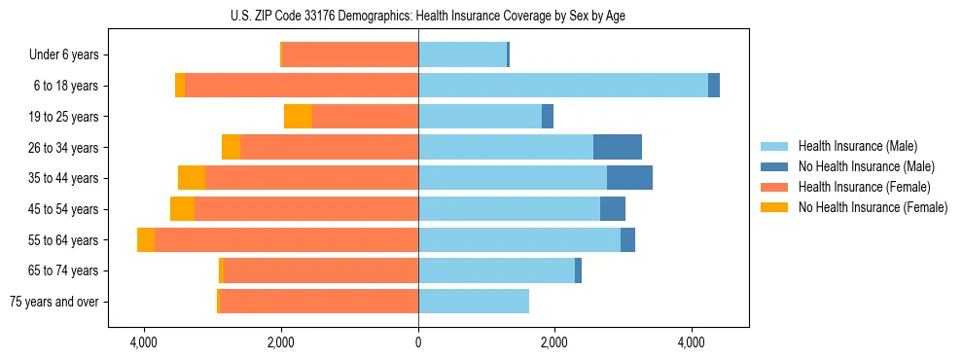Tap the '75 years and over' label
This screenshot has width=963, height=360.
[54, 302]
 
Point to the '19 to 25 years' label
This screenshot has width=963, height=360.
[63, 117]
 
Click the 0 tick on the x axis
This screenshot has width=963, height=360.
[418, 342]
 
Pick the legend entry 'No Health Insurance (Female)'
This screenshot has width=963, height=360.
[873, 207]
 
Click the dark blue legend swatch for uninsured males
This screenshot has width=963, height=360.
[774, 166]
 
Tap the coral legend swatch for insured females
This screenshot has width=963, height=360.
[774, 187]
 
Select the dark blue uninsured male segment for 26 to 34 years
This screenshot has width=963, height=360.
[618, 147]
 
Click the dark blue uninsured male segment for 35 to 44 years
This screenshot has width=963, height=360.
[629, 178]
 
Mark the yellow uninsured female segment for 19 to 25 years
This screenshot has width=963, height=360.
[298, 117]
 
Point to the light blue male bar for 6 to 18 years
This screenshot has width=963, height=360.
[563, 86]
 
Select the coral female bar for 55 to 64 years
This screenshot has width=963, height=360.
[286, 240]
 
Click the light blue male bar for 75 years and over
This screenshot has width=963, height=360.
[474, 302]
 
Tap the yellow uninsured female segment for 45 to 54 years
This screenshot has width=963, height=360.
[182, 209]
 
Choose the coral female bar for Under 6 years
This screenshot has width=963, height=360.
[350, 55]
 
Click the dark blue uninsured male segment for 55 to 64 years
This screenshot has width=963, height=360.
[627, 240]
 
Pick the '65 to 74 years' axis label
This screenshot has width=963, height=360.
[63, 270]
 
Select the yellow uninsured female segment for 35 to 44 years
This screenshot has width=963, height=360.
[192, 178]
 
